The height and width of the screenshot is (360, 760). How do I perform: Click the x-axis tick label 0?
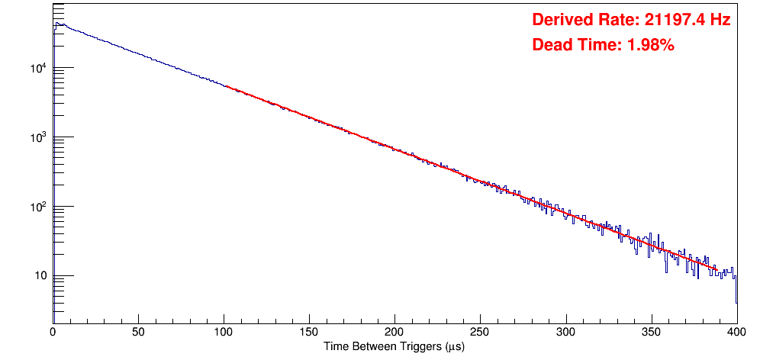(x=53, y=333)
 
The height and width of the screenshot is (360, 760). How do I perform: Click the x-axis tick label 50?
(x=138, y=333)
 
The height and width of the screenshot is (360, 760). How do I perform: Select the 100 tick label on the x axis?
(x=224, y=333)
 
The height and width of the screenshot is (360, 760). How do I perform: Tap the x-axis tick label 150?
(x=309, y=333)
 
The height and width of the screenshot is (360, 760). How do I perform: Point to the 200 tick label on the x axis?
(x=394, y=333)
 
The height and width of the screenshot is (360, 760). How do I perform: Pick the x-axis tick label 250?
(x=480, y=333)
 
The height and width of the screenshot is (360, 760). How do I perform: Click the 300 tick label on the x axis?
(x=565, y=333)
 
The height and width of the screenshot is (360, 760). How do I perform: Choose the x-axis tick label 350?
(x=651, y=333)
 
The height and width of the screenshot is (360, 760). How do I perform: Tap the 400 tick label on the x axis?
(x=736, y=333)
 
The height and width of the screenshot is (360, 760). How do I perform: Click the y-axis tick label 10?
(x=41, y=276)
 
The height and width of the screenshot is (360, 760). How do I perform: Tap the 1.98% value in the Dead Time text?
(x=650, y=46)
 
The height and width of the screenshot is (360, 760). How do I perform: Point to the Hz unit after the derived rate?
(x=720, y=20)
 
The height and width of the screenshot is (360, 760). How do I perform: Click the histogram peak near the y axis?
(x=56, y=24)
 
